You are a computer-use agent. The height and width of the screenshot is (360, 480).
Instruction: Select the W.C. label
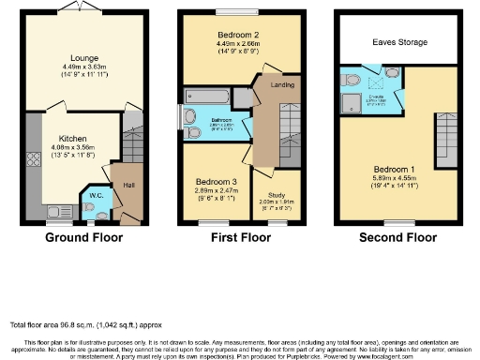click(x=95, y=194)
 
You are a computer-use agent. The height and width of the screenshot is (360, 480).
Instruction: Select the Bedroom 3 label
click(x=217, y=181)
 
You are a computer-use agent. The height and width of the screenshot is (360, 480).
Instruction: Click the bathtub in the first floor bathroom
click(x=206, y=96)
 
